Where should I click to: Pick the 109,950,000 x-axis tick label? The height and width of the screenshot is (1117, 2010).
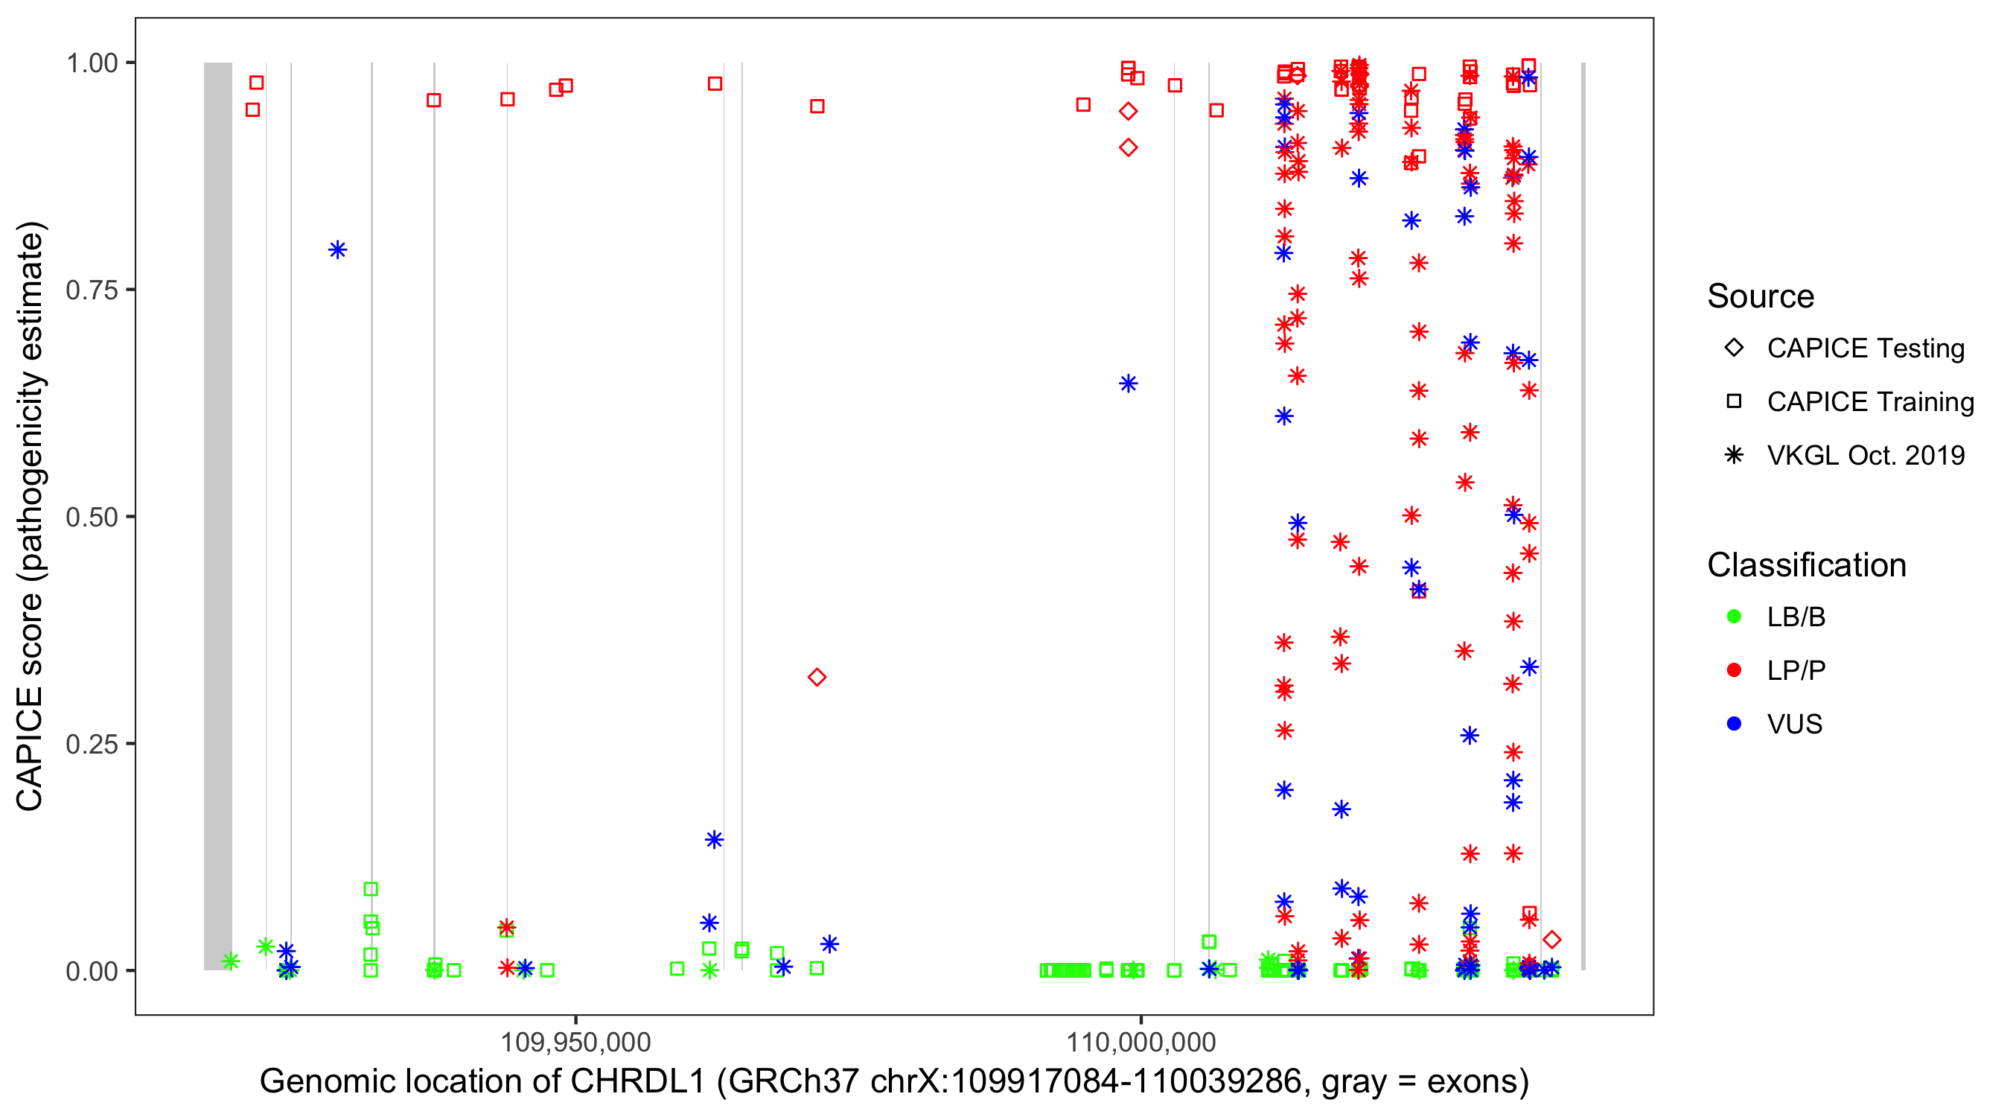point(576,1042)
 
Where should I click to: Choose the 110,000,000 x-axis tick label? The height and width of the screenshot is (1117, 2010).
point(1140,1042)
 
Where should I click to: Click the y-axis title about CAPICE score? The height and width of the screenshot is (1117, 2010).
point(31,516)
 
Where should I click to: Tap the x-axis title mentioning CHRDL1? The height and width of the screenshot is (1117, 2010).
point(894,1082)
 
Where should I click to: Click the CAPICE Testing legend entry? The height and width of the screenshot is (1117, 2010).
point(1865,349)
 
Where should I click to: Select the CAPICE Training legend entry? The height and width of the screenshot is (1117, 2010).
point(1869,402)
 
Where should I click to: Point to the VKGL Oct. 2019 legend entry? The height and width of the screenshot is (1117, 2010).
point(1865,456)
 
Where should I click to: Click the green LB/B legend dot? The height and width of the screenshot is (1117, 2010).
point(1735,617)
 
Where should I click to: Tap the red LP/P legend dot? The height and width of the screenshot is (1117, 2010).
point(1735,670)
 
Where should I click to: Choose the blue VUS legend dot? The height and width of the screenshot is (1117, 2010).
point(1735,725)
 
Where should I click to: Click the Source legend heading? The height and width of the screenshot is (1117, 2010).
point(1761,296)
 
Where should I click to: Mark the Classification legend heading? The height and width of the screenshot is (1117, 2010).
point(1806,565)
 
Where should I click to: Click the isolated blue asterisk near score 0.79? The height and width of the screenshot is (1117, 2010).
point(337,249)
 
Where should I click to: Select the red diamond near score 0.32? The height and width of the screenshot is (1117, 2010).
point(817,678)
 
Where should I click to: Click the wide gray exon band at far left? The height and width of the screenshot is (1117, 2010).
point(217,516)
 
